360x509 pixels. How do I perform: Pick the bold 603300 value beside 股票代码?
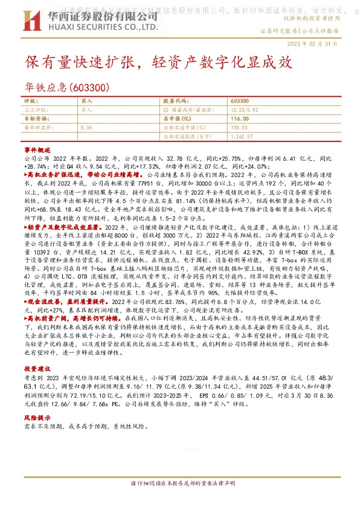[x=239, y=101]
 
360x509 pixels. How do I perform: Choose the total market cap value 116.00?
[x=240, y=119]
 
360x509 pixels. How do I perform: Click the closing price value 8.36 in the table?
[x=86, y=128]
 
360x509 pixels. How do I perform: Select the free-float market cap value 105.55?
[x=239, y=128]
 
